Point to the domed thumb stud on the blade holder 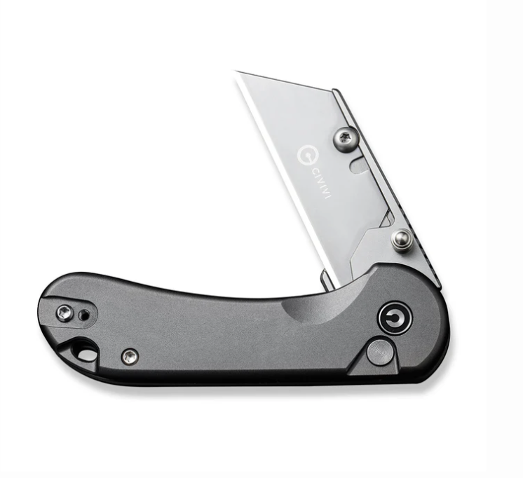(x=402, y=240)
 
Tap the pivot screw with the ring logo (x=395, y=317)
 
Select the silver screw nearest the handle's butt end (x=64, y=313)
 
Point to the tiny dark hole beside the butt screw (x=84, y=315)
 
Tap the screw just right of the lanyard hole (x=130, y=357)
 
